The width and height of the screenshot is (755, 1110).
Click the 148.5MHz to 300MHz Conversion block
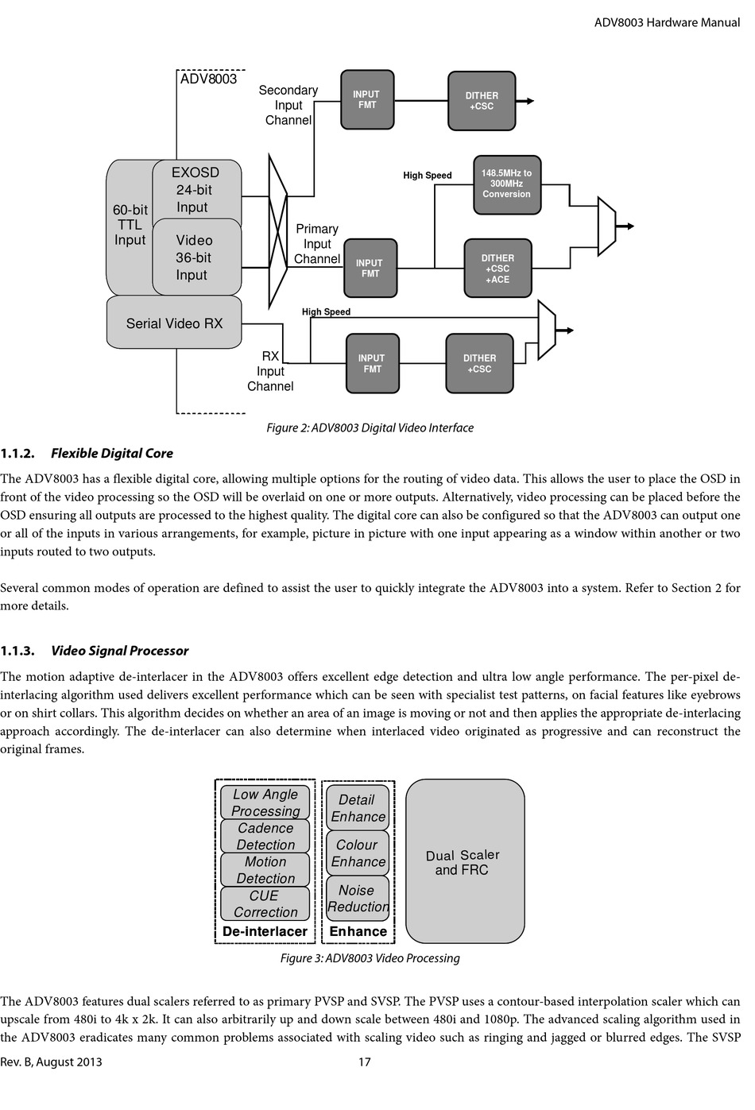[506, 185]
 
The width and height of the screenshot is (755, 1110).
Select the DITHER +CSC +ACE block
[498, 268]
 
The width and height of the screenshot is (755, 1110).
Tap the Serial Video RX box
[174, 323]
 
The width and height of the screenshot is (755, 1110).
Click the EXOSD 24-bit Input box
[197, 190]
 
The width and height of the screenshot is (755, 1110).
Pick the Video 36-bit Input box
[197, 257]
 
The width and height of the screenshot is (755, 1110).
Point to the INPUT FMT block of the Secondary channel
[367, 99]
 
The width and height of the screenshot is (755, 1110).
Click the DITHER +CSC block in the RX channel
[479, 363]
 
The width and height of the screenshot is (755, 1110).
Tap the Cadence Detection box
[265, 836]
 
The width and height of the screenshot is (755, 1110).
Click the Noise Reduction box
[358, 898]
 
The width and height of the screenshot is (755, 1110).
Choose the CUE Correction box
[265, 903]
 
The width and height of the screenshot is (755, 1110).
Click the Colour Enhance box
[358, 853]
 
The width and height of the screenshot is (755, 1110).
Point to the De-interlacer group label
[265, 931]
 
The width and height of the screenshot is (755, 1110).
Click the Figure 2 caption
[370, 427]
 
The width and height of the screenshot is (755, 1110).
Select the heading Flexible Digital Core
[112, 453]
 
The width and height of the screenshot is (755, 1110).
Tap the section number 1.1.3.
[17, 651]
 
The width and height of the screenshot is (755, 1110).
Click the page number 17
[364, 1062]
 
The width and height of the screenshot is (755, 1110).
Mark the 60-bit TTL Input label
[130, 225]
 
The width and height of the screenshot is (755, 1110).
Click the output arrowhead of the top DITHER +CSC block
[530, 101]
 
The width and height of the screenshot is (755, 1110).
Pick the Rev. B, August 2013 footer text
[51, 1062]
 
